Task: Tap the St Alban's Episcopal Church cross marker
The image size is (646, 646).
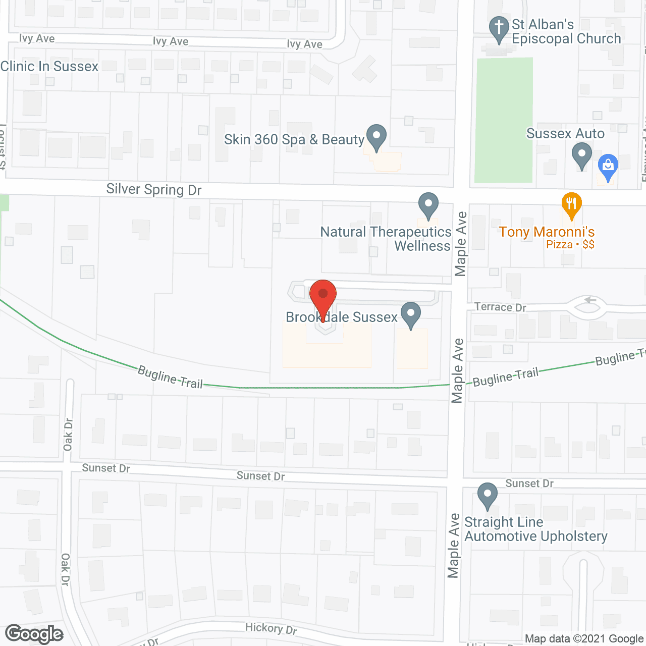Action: coord(499,29)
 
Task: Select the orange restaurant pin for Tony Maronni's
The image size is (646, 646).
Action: coord(571,205)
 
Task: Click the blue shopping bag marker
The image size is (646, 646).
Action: coord(608,167)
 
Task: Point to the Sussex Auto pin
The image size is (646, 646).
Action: coord(581,155)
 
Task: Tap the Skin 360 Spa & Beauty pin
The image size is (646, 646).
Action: coord(376,137)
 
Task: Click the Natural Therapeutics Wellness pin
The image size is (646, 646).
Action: coord(428,205)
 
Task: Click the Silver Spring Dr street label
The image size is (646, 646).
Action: coord(154,190)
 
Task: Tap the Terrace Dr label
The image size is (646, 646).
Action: coord(500,307)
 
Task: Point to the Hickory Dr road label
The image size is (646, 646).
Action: coord(271,629)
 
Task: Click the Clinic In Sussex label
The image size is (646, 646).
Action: coord(49,67)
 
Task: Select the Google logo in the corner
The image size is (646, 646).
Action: coord(34,634)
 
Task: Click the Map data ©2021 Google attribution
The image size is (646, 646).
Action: coord(584,639)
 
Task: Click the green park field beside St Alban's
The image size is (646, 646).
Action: coord(505,120)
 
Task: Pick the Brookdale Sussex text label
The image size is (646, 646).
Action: coord(342,317)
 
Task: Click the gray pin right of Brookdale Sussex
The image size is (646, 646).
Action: coord(411,315)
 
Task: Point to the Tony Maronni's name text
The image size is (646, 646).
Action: coord(547,232)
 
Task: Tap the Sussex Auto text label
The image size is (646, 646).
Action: coord(565,134)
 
